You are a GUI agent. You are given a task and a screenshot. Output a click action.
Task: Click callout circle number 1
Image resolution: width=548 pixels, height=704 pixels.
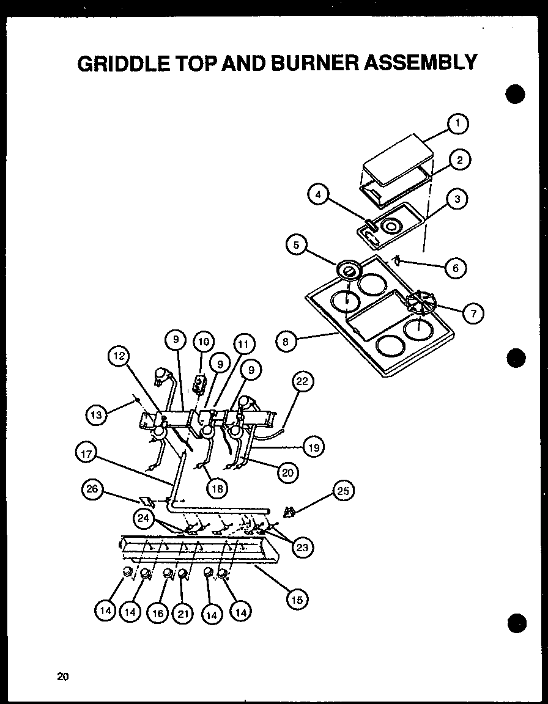(x=456, y=124)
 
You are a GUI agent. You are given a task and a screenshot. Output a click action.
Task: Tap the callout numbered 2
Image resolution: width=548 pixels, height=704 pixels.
(x=459, y=161)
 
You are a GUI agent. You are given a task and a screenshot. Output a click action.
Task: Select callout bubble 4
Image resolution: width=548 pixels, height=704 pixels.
(x=318, y=195)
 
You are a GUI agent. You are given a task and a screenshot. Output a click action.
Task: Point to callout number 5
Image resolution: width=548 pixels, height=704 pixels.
(x=296, y=245)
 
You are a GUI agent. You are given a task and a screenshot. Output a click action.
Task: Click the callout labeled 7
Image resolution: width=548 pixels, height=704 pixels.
(x=473, y=314)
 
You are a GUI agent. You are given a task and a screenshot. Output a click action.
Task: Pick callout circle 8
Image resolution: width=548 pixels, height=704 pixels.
(x=286, y=342)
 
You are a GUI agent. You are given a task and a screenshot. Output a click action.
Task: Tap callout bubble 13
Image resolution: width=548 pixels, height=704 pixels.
(x=96, y=415)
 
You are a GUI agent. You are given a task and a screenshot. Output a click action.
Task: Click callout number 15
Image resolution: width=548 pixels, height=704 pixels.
(x=297, y=599)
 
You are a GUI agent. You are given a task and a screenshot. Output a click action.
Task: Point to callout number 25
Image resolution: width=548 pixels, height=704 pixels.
(x=344, y=491)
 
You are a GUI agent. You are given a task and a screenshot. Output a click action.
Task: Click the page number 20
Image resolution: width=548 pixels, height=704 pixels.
(x=62, y=676)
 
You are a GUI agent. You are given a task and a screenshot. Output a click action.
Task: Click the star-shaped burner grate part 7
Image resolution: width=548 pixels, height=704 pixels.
(x=421, y=303)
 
